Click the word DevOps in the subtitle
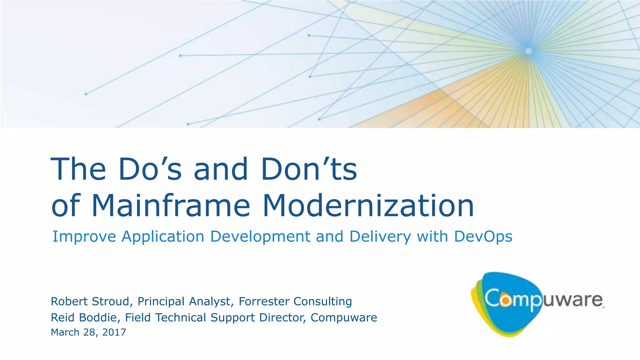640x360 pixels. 483,236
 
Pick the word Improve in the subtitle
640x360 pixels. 84,236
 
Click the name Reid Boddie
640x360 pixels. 84,317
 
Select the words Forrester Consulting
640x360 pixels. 295,301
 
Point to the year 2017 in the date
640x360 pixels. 114,332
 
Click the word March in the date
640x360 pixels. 65,332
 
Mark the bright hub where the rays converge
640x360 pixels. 528,51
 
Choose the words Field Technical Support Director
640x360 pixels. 215,317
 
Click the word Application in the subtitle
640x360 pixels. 162,236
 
